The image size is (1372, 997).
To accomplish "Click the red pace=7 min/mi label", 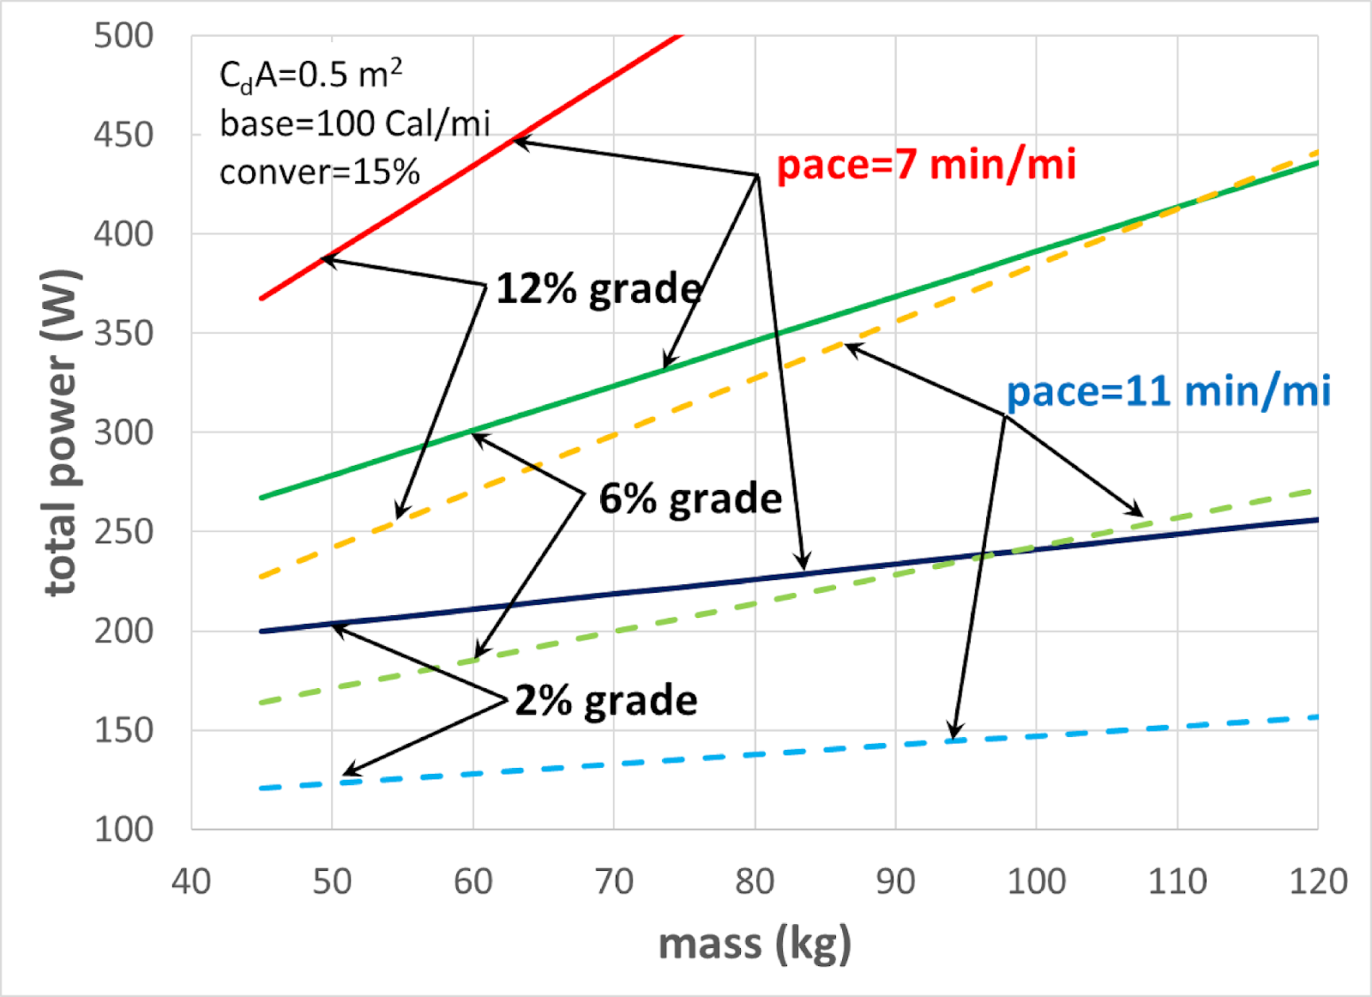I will [x=925, y=164].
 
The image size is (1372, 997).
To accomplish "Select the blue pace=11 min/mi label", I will [x=1168, y=391].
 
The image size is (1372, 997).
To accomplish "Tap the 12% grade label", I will [x=599, y=288].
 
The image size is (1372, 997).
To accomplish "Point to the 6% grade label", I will [x=690, y=498].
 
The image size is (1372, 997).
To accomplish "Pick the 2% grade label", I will [x=606, y=701].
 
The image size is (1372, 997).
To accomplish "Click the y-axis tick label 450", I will [x=123, y=135].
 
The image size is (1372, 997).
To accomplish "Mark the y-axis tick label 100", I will [x=123, y=830].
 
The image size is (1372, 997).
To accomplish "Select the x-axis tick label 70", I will [x=614, y=881].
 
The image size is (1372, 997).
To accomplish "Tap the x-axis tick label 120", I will [x=1318, y=881].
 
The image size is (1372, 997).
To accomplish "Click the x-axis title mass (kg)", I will [x=755, y=944].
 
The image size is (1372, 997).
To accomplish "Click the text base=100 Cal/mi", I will [x=355, y=124].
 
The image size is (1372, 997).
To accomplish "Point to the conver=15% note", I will [x=319, y=172].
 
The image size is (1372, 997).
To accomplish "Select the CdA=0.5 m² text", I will [x=310, y=75].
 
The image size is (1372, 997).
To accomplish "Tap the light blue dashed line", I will [x=686, y=758].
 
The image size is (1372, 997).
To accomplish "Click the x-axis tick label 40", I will [x=191, y=881].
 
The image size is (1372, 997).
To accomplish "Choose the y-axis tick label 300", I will [x=123, y=432].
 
